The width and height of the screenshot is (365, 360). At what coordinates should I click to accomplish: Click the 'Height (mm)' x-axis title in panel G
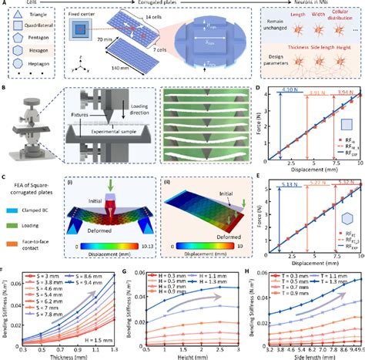[189, 355]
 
